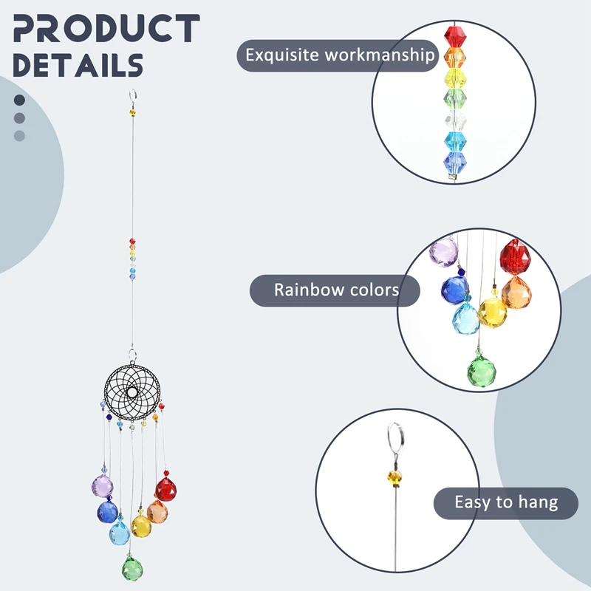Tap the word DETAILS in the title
[x=78, y=64]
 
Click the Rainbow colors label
[x=336, y=289]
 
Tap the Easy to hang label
[x=506, y=503]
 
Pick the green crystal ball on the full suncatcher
[x=131, y=568]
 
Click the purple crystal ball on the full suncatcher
[x=102, y=486]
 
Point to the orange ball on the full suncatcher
[x=157, y=511]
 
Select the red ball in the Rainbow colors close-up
[x=516, y=257]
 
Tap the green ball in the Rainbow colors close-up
[x=484, y=370]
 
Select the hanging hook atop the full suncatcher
[x=133, y=96]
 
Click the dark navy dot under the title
[x=19, y=100]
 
